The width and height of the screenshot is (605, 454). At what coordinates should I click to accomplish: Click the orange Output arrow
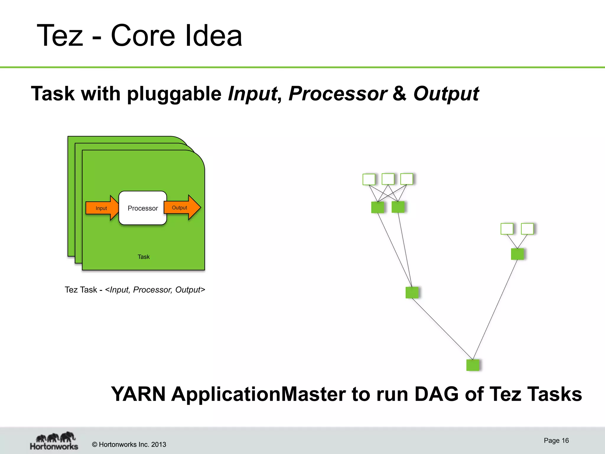click(x=181, y=207)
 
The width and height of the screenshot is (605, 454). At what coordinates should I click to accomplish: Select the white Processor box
click(x=143, y=208)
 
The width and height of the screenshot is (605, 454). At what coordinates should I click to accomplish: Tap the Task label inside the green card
click(x=144, y=257)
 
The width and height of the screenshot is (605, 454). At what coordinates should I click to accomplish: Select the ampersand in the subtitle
click(x=400, y=94)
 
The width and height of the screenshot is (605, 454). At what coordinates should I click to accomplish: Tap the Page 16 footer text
click(x=556, y=440)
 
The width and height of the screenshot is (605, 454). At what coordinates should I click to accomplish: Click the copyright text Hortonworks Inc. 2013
click(x=129, y=445)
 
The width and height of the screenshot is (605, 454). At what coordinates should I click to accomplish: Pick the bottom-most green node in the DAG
click(x=473, y=365)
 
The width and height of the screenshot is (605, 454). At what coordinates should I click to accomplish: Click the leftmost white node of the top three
click(x=369, y=179)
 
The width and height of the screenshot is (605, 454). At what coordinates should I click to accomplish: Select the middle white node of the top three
click(x=388, y=179)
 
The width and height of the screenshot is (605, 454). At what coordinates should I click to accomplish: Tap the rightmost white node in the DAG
click(x=527, y=229)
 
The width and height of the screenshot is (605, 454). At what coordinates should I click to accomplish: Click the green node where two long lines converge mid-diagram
click(x=412, y=293)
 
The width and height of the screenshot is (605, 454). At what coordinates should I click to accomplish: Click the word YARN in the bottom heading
click(x=138, y=394)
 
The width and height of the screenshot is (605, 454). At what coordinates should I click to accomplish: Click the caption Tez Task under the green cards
click(x=81, y=290)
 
